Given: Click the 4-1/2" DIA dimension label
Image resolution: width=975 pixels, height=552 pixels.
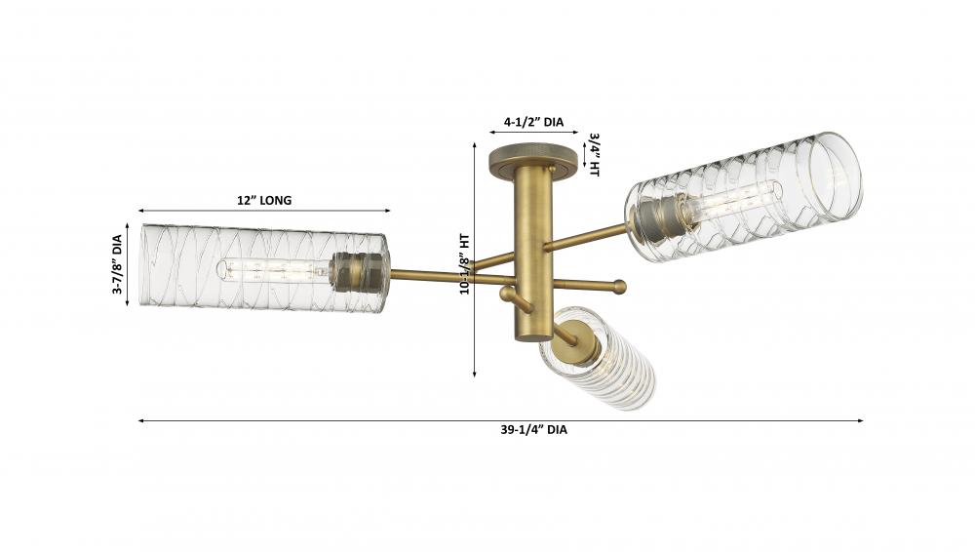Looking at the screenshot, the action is (533, 122).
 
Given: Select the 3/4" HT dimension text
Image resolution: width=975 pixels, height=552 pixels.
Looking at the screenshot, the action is (593, 154).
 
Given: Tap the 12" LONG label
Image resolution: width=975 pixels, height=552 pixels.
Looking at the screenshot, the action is (263, 200).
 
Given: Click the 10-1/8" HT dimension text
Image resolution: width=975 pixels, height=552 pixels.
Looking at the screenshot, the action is (464, 264).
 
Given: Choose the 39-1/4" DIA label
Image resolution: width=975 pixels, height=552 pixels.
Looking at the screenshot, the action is (533, 429).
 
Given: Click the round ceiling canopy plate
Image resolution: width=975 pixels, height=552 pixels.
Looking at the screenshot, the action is (533, 158).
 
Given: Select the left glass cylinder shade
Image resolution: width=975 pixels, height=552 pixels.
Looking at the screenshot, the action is (264, 268).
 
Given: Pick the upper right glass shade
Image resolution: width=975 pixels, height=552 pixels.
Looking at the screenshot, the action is (744, 197).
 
